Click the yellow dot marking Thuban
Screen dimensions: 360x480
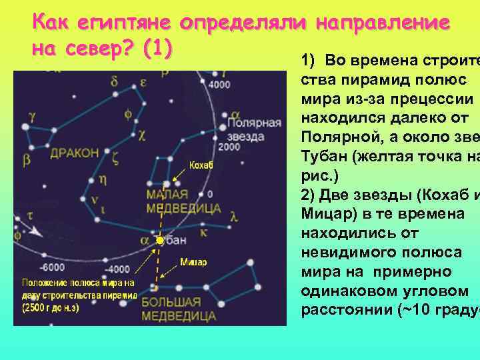tap(160, 240)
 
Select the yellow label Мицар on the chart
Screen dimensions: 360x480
tap(194, 262)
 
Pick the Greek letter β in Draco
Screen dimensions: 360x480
tap(26, 159)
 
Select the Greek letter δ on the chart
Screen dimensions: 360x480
tap(115, 82)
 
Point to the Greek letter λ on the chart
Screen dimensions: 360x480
tap(233, 215)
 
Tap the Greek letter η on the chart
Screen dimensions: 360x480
tap(103, 179)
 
